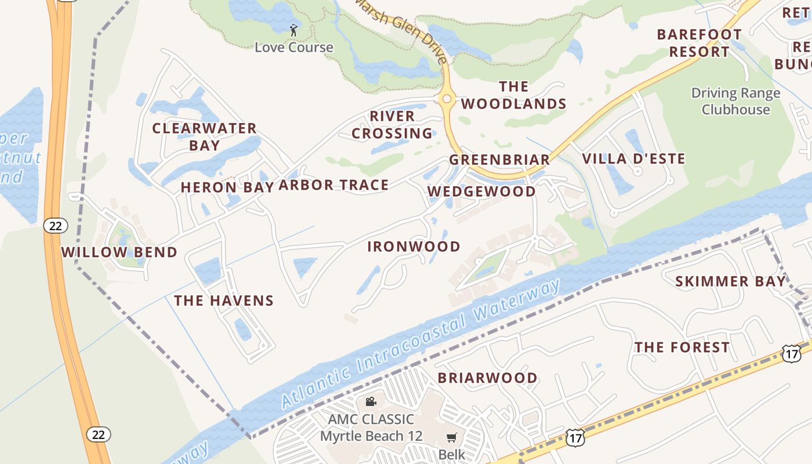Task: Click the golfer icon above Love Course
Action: [293, 30]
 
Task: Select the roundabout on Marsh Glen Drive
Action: [446, 99]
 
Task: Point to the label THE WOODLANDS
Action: [513, 95]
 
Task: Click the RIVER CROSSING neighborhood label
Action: [392, 125]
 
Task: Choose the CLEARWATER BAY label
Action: [204, 137]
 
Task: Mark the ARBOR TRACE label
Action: [333, 186]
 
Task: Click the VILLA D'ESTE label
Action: [633, 159]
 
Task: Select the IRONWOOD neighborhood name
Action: [414, 246]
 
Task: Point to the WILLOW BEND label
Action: [119, 252]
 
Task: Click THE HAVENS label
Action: [224, 300]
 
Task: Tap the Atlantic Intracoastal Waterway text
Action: [420, 343]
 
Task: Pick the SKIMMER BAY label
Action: [730, 282]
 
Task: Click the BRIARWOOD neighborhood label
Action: [487, 378]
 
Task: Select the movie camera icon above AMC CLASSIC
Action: [371, 402]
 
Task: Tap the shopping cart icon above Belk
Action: [451, 438]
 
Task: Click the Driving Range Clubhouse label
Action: [735, 101]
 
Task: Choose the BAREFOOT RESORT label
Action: [699, 43]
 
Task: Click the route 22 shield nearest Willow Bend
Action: [55, 226]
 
